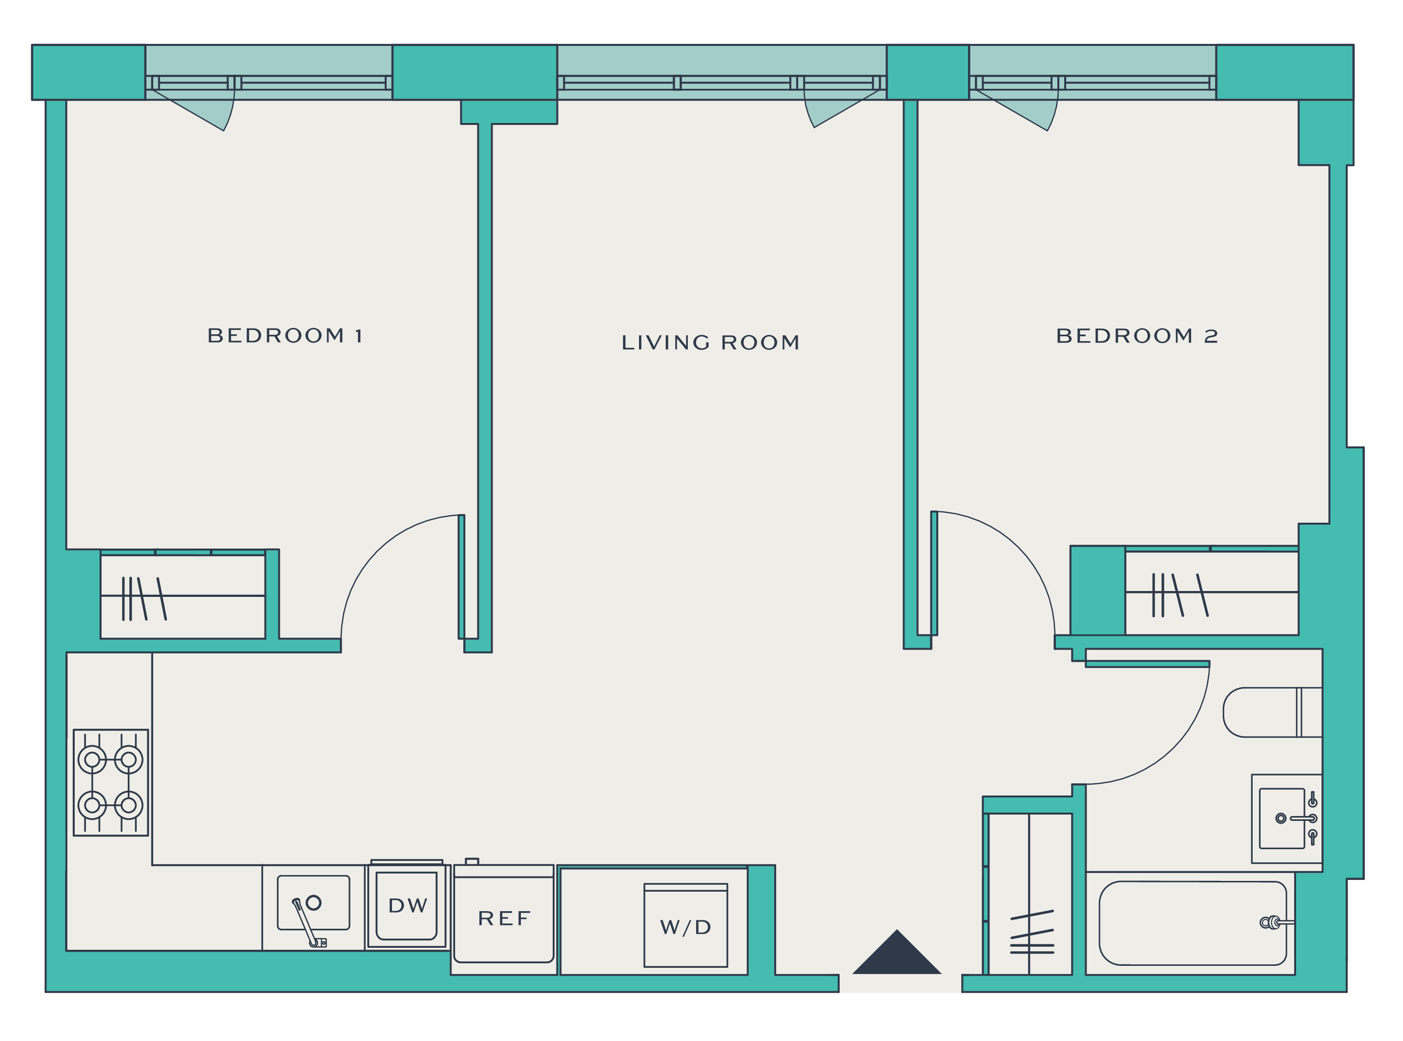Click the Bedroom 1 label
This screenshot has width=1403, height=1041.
pos(285,336)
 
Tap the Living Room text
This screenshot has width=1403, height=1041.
pos(710,343)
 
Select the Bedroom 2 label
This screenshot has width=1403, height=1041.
pos(1137,336)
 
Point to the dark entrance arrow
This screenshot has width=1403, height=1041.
pos(897,952)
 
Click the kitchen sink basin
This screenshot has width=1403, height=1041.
pos(313,903)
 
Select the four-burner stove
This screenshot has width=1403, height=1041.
pos(111,783)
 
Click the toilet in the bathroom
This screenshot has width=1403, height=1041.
pos(1272,712)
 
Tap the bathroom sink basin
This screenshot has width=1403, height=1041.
pos(1282,818)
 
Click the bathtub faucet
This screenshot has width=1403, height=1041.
pos(1275,922)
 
